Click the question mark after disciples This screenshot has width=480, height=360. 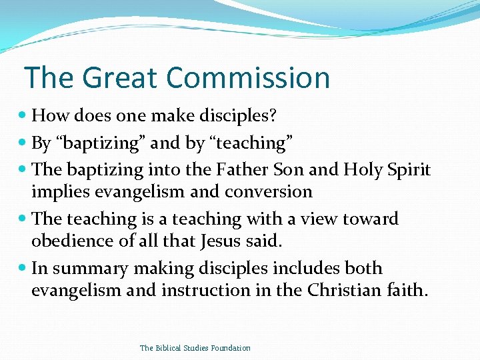(x=273, y=116)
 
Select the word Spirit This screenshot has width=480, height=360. (x=409, y=170)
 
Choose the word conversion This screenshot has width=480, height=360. (x=268, y=192)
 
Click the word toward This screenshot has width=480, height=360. (x=369, y=219)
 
